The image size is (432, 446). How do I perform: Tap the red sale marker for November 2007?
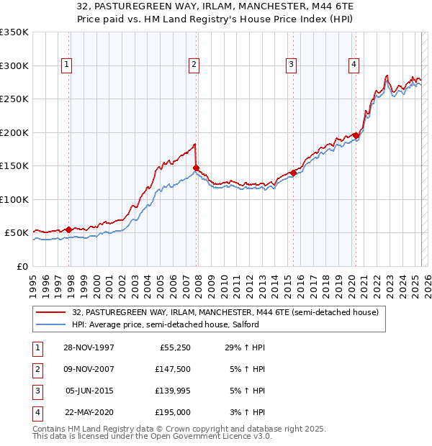pos(196,168)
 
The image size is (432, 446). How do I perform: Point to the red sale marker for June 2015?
pos(293,173)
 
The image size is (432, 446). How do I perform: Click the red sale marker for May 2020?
pos(356,135)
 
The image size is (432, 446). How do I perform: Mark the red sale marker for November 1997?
pos(69,229)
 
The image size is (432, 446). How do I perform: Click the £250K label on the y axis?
pos(14,99)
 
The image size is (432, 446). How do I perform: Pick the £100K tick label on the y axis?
pos(14,199)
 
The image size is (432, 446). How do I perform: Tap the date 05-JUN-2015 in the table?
pos(89,391)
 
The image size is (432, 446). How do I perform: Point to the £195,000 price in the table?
pos(174,413)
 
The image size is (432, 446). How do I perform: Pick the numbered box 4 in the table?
pos(37,413)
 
